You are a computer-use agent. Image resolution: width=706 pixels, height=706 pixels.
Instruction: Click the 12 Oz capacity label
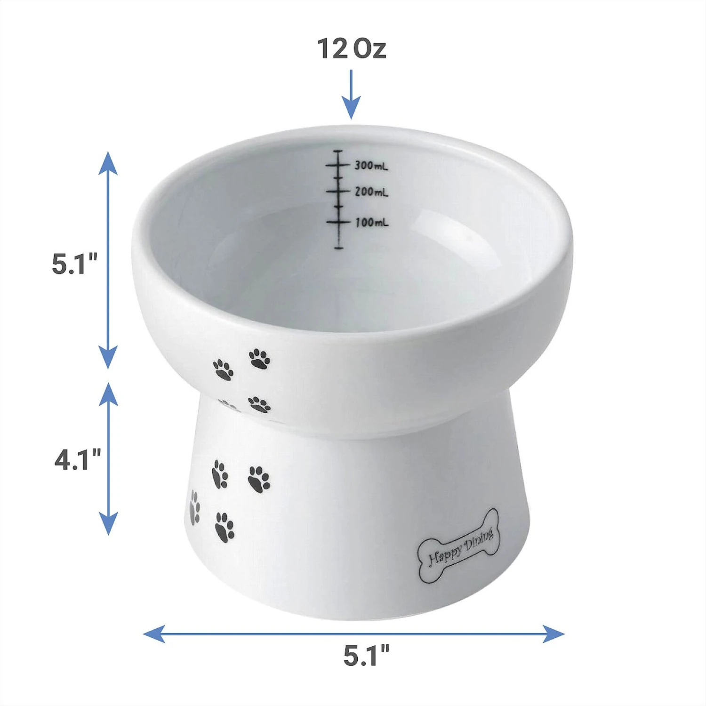click(x=352, y=48)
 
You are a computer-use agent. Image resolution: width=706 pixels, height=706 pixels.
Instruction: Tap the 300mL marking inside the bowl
click(x=371, y=166)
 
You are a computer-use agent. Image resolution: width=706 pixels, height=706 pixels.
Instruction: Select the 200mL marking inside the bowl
click(x=371, y=192)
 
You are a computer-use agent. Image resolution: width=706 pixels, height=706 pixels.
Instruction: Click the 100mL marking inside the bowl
click(x=371, y=222)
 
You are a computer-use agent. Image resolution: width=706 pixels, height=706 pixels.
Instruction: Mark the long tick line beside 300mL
click(x=338, y=166)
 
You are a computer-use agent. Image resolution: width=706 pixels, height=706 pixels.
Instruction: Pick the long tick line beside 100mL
click(x=338, y=221)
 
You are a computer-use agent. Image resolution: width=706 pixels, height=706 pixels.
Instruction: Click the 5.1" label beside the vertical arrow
click(x=74, y=264)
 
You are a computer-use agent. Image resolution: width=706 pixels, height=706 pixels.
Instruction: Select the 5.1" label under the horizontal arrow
click(x=366, y=656)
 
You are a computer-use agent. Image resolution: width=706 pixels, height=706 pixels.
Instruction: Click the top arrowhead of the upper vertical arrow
click(x=108, y=162)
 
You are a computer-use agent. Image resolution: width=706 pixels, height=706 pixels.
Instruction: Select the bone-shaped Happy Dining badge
click(x=458, y=546)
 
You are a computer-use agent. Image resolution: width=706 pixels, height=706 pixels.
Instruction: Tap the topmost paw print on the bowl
click(x=259, y=359)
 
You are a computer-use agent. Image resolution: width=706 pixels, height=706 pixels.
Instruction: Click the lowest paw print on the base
click(x=224, y=526)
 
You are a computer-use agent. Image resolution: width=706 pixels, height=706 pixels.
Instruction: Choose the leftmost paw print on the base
click(x=194, y=507)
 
